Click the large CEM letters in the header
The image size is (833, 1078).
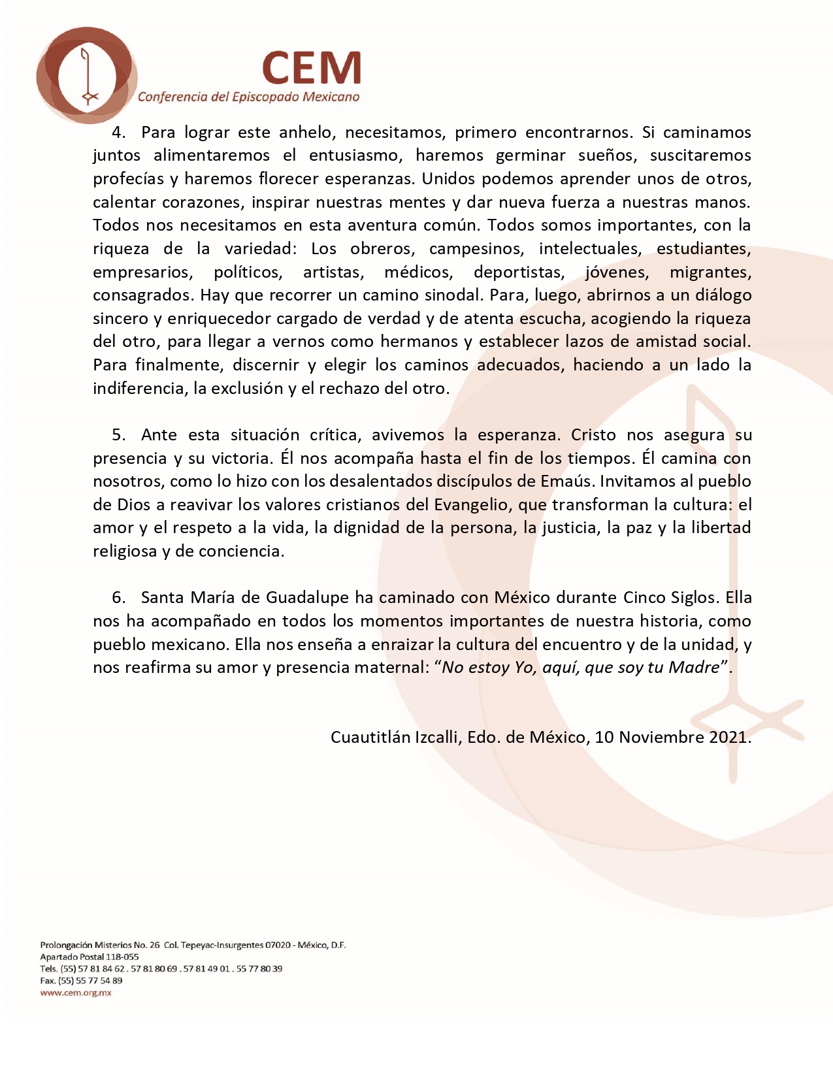(x=312, y=67)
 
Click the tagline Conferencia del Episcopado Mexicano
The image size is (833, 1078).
(x=248, y=97)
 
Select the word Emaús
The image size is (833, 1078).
(x=566, y=482)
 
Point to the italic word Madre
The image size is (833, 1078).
(x=693, y=668)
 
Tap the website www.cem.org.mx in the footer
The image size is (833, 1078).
(x=76, y=993)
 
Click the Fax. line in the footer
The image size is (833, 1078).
(x=81, y=981)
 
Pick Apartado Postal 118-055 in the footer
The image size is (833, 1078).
(x=90, y=957)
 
